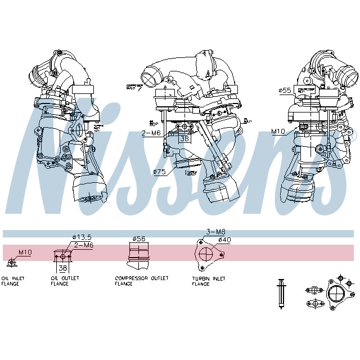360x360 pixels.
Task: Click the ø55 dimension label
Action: (x=285, y=90)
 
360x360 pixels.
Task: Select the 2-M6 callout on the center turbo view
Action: (x=150, y=133)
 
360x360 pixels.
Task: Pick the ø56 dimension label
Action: (x=138, y=238)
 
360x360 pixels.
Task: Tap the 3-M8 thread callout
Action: (x=215, y=232)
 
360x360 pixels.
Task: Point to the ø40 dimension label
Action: (x=225, y=240)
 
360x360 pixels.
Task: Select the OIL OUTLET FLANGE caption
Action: (x=65, y=281)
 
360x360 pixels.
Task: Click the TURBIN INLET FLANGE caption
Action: (x=208, y=281)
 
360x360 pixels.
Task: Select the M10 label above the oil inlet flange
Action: (x=25, y=253)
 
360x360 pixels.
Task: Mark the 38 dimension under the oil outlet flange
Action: (x=62, y=268)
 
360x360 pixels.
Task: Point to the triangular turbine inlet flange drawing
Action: (x=208, y=254)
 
